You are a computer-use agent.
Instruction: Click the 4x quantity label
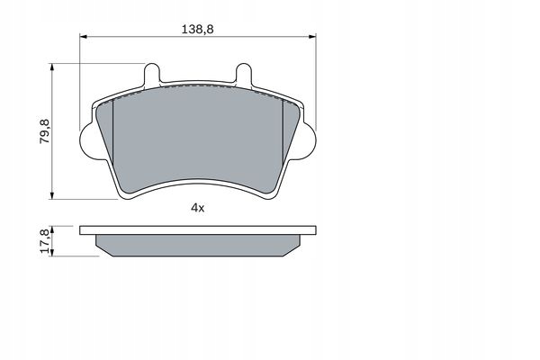pos(198,208)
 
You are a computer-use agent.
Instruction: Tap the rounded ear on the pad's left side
pos(88,139)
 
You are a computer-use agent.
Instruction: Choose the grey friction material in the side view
pos(198,244)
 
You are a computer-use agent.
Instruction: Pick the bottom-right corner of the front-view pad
pos(277,193)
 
